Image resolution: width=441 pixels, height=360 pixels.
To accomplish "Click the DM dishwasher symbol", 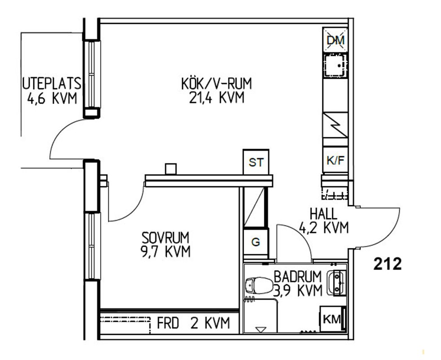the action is [335, 40].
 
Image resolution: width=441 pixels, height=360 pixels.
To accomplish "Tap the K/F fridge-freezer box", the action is [335, 160].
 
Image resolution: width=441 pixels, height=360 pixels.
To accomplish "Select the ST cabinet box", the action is [256, 162].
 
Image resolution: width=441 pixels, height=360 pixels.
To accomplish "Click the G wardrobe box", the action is [256, 242].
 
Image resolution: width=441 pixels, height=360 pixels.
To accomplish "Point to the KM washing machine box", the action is [333, 319].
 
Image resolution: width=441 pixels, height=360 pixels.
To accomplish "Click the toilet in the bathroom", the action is [259, 285].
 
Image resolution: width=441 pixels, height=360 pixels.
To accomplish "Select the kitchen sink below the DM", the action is [335, 66].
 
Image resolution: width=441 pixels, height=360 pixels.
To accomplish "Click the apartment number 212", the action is [388, 265].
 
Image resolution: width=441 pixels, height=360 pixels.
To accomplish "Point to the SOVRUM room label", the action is [165, 238].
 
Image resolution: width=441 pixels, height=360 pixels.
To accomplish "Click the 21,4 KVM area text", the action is [217, 98].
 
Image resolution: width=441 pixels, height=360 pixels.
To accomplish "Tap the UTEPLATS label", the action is [52, 84].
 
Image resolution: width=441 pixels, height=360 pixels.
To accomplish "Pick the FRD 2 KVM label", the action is [193, 323].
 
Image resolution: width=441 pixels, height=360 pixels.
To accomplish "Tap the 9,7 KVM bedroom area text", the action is [166, 252].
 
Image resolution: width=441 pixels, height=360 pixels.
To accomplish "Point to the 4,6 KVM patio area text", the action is [52, 99].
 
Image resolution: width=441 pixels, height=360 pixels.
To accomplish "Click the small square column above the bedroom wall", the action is [171, 169].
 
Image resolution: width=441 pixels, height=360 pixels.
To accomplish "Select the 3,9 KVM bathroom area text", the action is [298, 291].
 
